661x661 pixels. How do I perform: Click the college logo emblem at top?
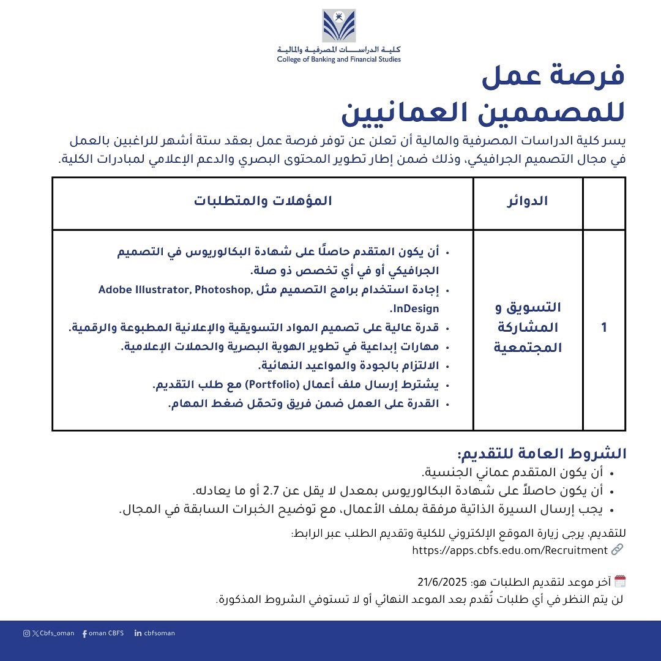click(339, 26)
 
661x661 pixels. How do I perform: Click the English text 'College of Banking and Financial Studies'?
click(338, 59)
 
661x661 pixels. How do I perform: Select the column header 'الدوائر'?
click(528, 202)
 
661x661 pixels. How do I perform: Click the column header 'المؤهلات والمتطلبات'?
click(263, 202)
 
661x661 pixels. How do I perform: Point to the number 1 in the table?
click(604, 327)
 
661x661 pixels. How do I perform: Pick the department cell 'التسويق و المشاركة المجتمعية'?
click(528, 327)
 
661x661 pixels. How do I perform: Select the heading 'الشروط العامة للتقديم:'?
click(542, 454)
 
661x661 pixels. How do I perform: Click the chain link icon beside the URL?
click(617, 550)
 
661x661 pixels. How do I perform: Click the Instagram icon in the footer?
click(26, 633)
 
